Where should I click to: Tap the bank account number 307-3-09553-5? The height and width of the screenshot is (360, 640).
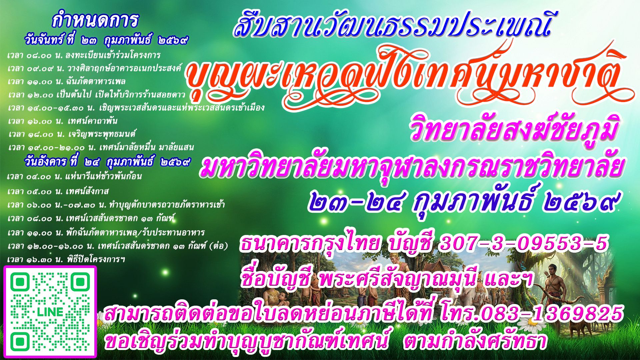click(x=523, y=243)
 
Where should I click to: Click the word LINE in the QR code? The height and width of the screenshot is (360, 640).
click(x=50, y=312)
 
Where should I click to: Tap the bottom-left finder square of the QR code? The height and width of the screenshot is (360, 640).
click(x=20, y=342)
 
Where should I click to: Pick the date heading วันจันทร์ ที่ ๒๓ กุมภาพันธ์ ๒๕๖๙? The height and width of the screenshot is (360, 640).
click(x=106, y=41)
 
